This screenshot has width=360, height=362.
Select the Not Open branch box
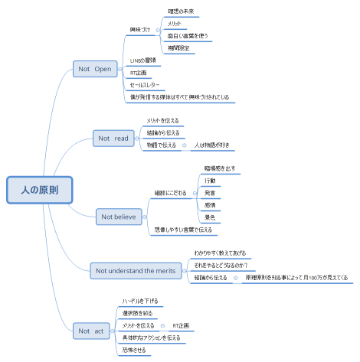(x=94, y=69)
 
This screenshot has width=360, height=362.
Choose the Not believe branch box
(x=119, y=217)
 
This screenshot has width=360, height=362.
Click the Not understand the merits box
(x=135, y=270)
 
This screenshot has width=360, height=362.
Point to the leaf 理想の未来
(x=181, y=11)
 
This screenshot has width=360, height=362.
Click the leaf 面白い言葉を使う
(x=187, y=36)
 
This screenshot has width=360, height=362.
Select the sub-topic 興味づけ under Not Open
(x=141, y=30)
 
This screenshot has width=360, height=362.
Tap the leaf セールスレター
(x=145, y=85)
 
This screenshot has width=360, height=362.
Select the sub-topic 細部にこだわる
(x=170, y=193)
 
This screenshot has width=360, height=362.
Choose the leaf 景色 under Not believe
(x=209, y=217)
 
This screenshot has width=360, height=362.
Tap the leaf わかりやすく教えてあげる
(x=220, y=252)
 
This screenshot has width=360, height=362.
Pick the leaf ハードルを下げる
(x=140, y=301)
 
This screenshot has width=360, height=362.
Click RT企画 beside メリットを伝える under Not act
(x=182, y=325)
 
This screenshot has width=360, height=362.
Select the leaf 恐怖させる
(x=133, y=350)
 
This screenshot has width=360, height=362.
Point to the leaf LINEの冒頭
(x=143, y=60)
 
